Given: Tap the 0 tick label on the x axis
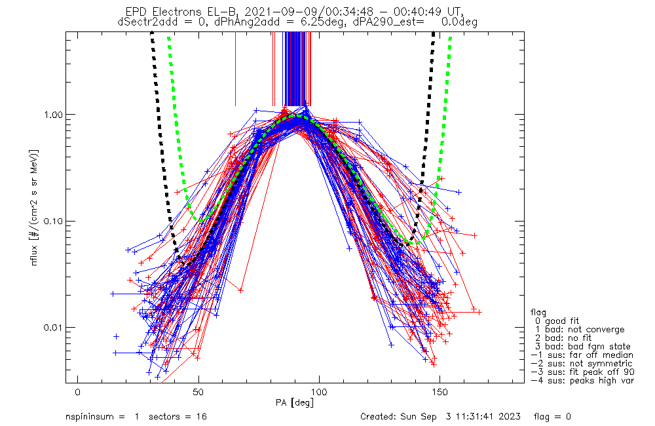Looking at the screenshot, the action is pos(78,392).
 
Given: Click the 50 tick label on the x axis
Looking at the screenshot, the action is pos(198,392).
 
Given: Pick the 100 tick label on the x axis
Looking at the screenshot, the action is pos(320,392).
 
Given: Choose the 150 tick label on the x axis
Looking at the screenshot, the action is pos(440,392).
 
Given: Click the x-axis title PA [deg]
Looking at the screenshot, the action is pos(295,402).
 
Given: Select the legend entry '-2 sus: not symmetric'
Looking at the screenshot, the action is pos(582,364).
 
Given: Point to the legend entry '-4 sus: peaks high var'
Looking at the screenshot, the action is pos(582,381).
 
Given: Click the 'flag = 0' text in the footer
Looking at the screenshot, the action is pos(552,416).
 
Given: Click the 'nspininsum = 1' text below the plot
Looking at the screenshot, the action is pos(102,417).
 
